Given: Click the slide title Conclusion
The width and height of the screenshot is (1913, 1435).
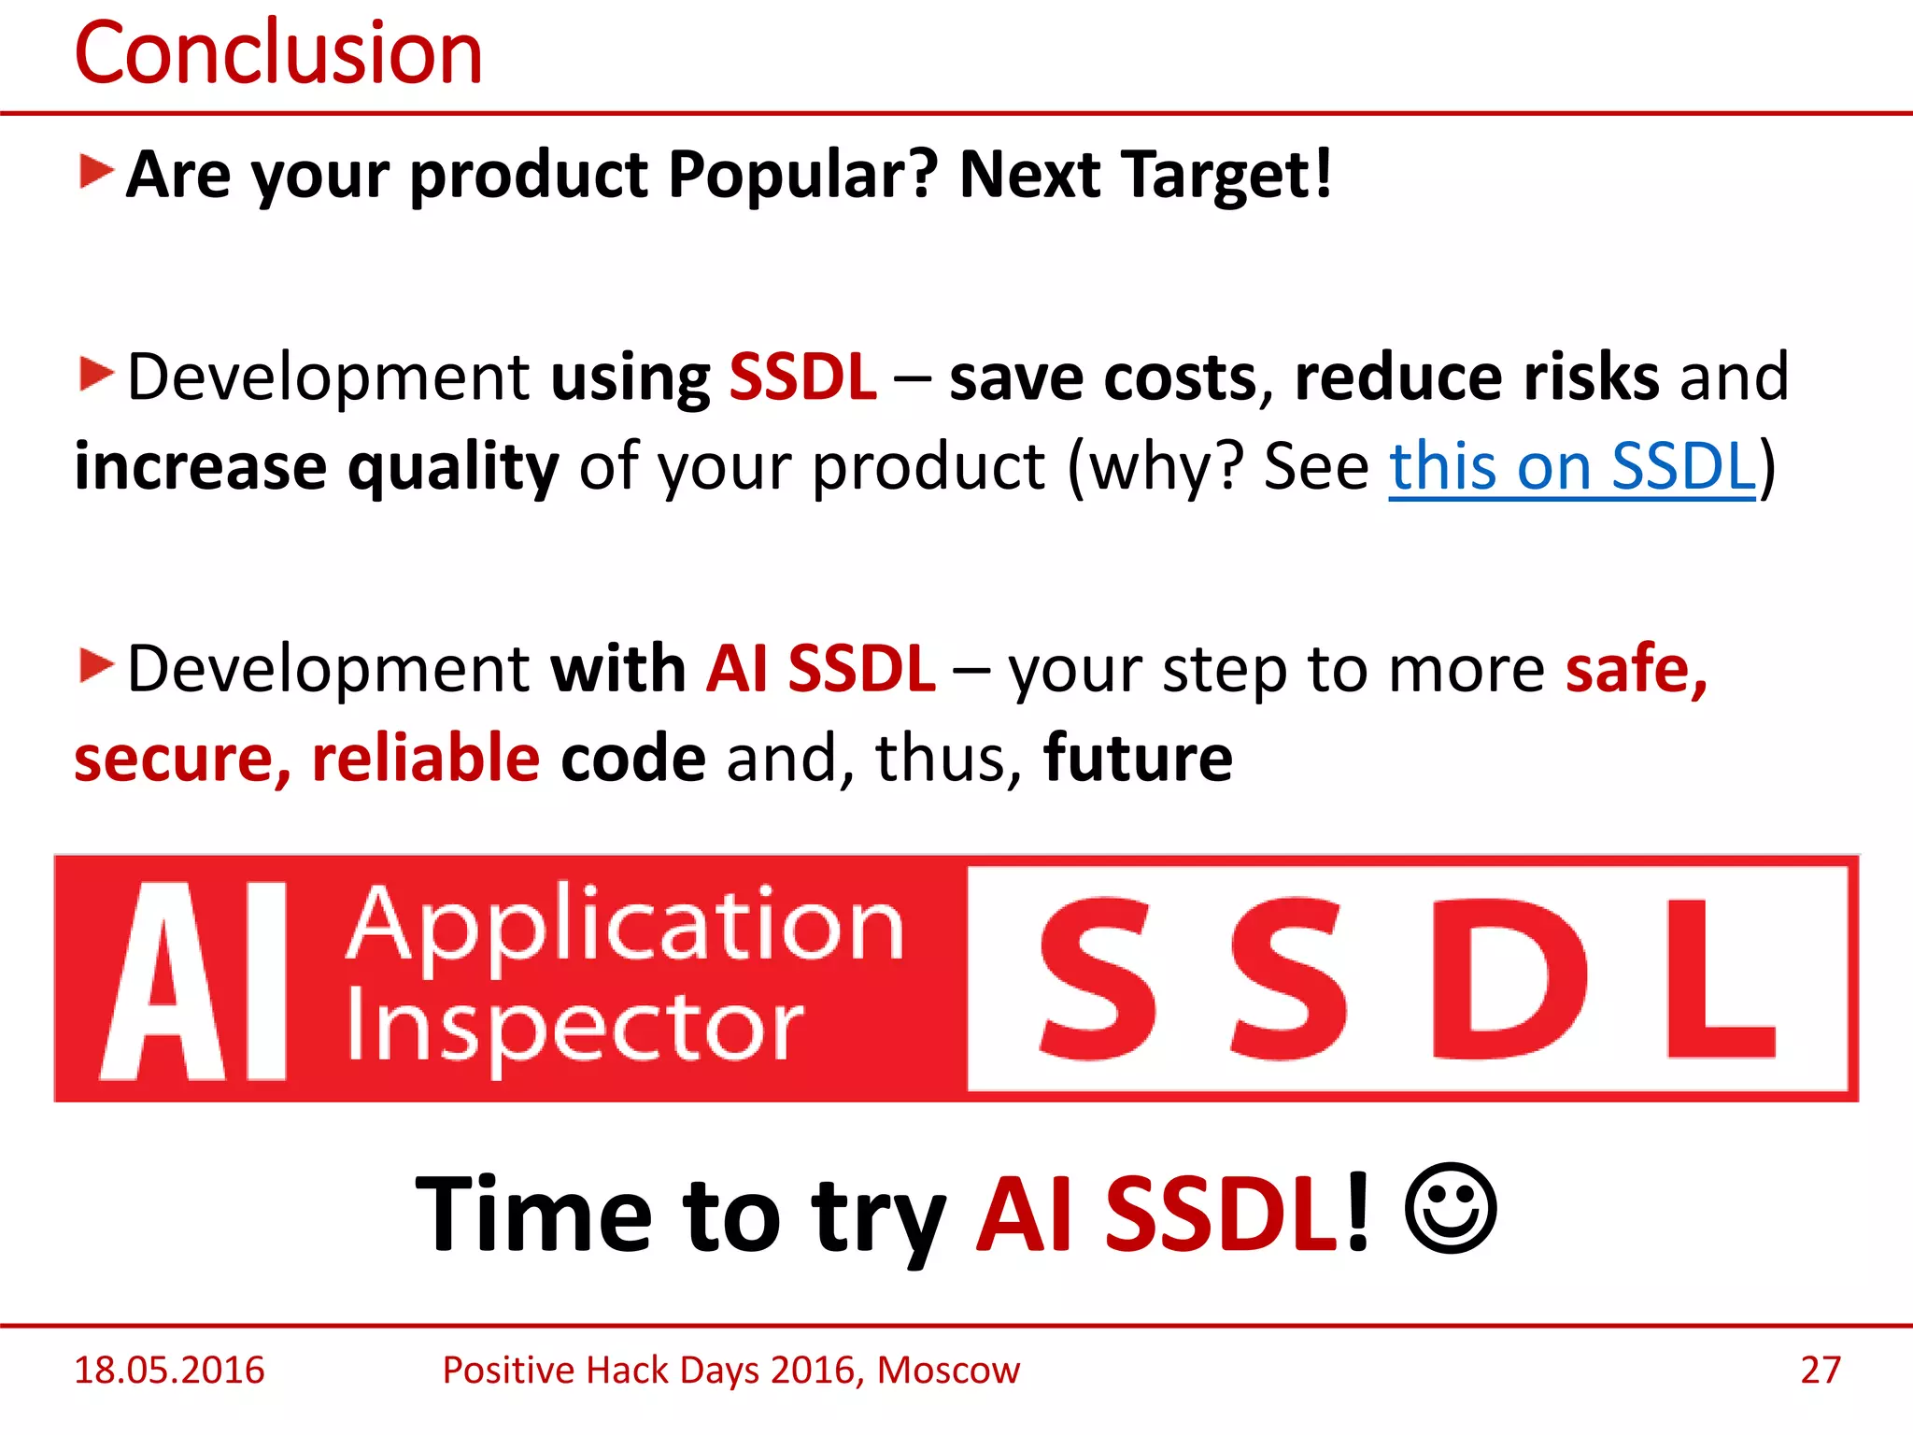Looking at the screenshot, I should coord(277,53).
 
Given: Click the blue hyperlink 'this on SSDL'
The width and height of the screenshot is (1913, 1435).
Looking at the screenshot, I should coord(1571,466).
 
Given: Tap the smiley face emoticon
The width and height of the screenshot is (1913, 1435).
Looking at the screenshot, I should coord(1450,1209).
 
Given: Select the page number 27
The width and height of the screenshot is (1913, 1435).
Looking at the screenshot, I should coord(1820,1370).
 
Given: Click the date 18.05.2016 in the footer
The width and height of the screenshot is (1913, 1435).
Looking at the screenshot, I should coord(169,1370).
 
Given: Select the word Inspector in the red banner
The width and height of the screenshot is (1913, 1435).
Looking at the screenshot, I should coord(574,1028).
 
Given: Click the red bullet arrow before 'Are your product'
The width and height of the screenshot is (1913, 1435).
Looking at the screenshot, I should coord(95,172).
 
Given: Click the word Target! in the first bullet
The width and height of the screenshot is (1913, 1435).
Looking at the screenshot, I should coord(1226,175).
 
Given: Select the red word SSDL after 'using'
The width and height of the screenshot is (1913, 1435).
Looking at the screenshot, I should coord(802,377).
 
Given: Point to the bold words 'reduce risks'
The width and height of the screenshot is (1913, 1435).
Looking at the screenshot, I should coord(1476,377).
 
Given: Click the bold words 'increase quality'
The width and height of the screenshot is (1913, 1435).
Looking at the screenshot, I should coord(316,466).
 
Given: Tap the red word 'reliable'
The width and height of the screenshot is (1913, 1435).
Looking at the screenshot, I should coord(425,758).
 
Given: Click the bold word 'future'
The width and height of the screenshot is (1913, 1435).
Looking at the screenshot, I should coord(1138,758).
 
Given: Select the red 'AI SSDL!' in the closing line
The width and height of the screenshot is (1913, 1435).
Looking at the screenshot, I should coord(1172,1214).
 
